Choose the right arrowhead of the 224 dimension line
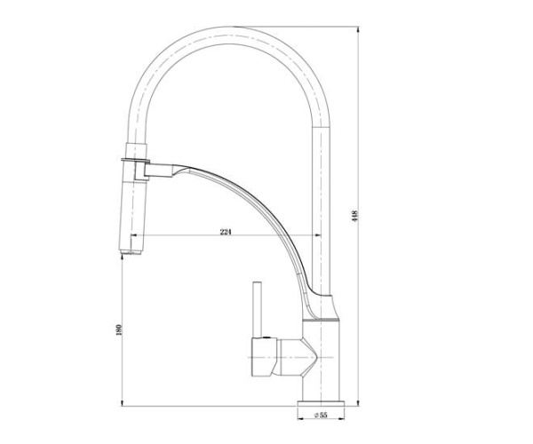tap(317, 235)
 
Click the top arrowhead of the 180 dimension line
tap(121, 258)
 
